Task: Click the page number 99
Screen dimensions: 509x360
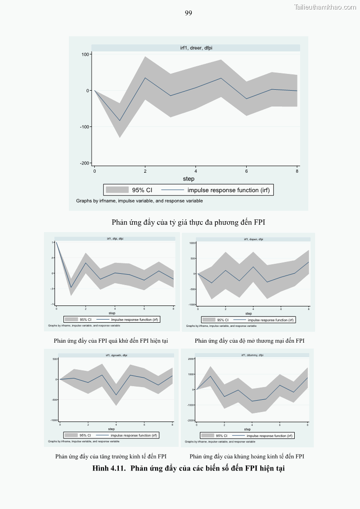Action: [x=189, y=13]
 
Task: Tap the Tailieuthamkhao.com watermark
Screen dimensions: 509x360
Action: [x=325, y=7]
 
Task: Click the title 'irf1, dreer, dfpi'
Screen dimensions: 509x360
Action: [x=196, y=48]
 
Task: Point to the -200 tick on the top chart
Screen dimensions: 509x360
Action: [x=85, y=163]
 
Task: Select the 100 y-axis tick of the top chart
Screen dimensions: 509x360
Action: [x=86, y=54]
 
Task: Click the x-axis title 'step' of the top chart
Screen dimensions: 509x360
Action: [x=189, y=179]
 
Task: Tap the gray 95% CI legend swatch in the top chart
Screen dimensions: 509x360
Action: [x=117, y=190]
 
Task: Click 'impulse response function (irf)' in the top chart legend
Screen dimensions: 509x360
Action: [x=229, y=190]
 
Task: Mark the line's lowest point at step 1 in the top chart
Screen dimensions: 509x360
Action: [x=120, y=121]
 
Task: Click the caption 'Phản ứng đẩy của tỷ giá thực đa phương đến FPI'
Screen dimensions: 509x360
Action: [x=188, y=223]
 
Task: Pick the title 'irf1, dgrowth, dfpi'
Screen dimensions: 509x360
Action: [x=117, y=355]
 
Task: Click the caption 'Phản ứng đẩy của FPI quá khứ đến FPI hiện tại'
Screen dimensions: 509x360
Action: [x=111, y=341]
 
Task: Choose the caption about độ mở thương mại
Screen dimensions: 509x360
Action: [x=249, y=341]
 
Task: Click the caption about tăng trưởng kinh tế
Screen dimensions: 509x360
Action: [x=111, y=456]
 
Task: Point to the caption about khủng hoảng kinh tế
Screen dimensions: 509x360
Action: [x=247, y=456]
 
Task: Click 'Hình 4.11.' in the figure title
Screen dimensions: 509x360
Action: [x=109, y=468]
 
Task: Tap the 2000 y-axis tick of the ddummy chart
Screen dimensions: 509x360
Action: [x=191, y=359]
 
